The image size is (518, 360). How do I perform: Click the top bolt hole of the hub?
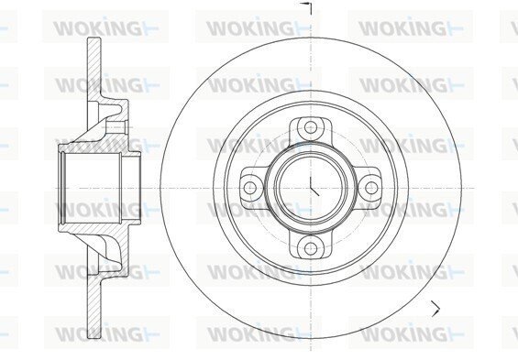point(311,127)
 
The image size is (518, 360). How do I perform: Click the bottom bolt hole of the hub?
point(311,248)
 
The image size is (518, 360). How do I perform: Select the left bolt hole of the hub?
point(249,188)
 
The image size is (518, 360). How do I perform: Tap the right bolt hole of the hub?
point(371,188)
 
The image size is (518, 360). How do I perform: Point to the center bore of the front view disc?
point(311,188)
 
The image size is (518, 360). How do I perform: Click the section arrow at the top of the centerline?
point(306,8)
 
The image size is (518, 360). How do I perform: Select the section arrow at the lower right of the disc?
point(435,309)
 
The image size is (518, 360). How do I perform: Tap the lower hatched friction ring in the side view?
point(94,306)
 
